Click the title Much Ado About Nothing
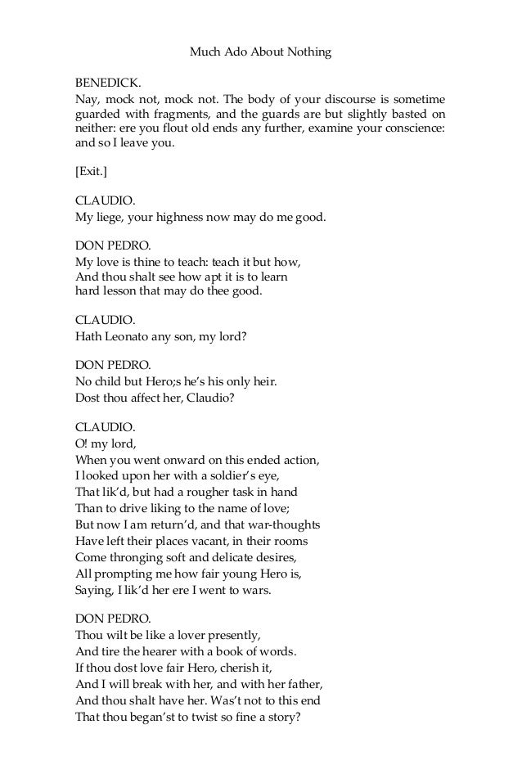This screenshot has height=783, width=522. tap(260, 52)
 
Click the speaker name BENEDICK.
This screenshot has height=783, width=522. tap(108, 83)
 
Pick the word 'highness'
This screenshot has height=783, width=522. tap(183, 216)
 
